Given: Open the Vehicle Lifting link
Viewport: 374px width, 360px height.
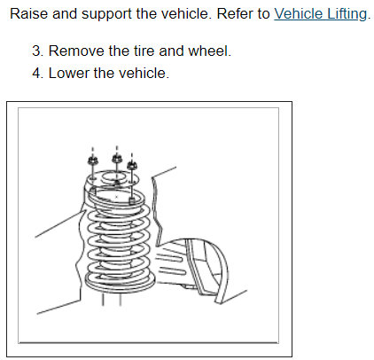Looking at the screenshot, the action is click(320, 14).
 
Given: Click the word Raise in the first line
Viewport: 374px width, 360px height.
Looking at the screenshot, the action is click(28, 14).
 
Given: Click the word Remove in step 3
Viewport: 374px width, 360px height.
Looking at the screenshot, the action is click(76, 51).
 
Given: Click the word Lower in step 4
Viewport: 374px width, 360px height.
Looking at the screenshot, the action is click(69, 73).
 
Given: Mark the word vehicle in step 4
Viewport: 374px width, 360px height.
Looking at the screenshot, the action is click(144, 73).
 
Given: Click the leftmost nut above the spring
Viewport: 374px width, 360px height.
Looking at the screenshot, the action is click(92, 160).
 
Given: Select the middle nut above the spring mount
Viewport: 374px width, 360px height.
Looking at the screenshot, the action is click(117, 158).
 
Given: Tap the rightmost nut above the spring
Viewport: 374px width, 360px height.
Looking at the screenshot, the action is click(132, 165).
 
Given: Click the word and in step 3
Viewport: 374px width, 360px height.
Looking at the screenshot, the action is click(171, 51).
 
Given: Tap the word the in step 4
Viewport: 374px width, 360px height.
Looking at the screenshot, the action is click(104, 73).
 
